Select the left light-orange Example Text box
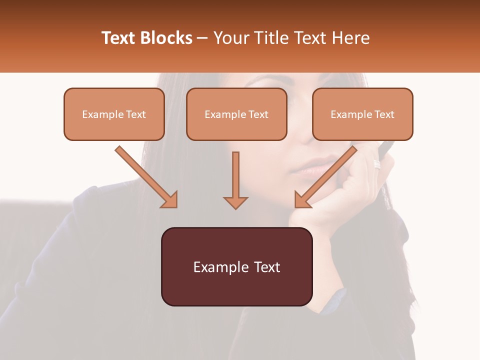[x=114, y=114]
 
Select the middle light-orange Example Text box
[x=236, y=114]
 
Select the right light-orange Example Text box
[x=362, y=114]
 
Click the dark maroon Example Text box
[x=236, y=266]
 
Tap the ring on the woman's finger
[x=377, y=164]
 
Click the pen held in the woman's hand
[x=386, y=147]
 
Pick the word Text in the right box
[x=384, y=114]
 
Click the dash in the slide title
[x=203, y=38]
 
